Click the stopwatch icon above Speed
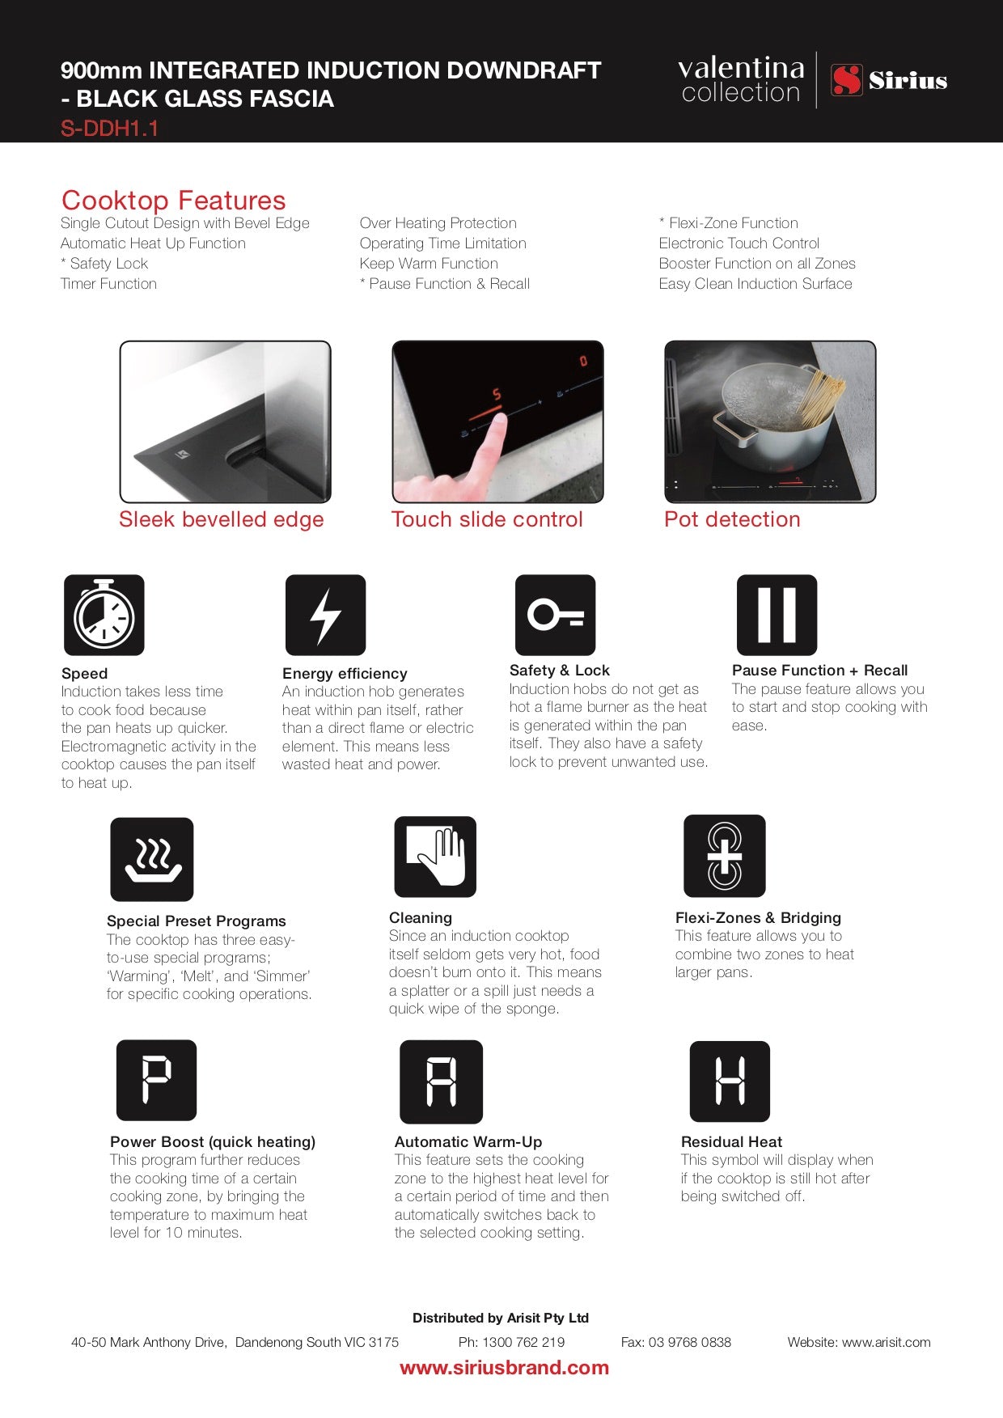[x=104, y=615]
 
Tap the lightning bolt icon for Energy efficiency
[x=325, y=615]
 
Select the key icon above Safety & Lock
[x=555, y=615]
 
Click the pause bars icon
[x=777, y=615]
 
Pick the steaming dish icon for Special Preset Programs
[x=152, y=859]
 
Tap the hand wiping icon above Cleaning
[x=435, y=857]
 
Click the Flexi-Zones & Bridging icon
[x=724, y=856]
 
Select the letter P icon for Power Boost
[x=156, y=1080]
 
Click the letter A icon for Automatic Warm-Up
[x=441, y=1081]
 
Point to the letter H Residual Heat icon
[x=730, y=1081]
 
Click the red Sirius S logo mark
[x=847, y=80]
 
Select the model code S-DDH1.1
[x=109, y=129]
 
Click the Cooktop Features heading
[x=173, y=200]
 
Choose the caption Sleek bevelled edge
[x=221, y=519]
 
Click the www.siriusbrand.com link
[x=504, y=1368]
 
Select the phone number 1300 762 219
[x=523, y=1342]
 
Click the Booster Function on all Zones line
[x=756, y=264]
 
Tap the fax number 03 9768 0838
[x=689, y=1342]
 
